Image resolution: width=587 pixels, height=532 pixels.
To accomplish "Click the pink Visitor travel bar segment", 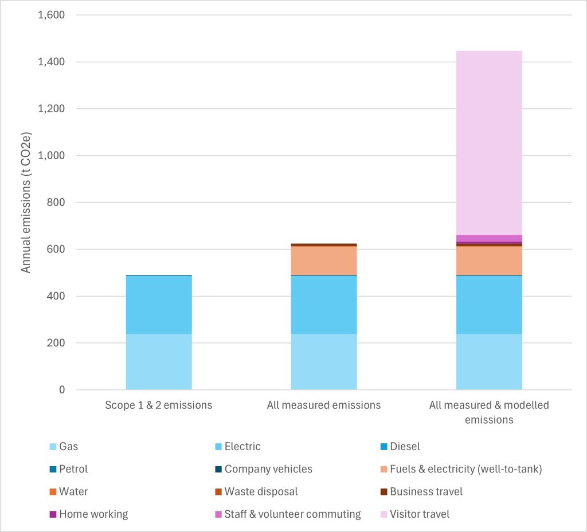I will pos(489,143).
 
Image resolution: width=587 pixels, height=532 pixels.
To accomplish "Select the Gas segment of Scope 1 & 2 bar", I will pos(159,361).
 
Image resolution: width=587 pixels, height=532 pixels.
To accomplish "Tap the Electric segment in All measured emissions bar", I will pos(324,305).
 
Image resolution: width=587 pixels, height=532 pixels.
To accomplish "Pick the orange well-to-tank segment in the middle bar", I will pos(324,261).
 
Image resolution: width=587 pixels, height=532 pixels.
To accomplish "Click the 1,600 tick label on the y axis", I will pos(51,15).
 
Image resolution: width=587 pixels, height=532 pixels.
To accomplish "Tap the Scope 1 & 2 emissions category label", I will pos(159,405).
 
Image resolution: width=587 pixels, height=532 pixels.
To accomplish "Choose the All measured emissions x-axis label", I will pos(324,405).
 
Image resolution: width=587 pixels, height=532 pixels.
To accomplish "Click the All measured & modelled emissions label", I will pos(489,412).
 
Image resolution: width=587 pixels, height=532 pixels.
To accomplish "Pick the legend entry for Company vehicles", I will pos(268,469).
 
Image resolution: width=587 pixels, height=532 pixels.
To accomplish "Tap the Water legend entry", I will pos(73,492).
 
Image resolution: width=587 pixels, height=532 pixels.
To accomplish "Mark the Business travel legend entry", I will pos(426,492).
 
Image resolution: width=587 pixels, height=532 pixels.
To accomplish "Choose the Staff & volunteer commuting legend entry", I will pos(292,514).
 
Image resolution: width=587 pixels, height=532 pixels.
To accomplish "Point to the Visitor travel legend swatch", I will pos(383,514).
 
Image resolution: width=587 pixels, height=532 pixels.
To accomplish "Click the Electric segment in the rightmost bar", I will pos(489,305).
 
